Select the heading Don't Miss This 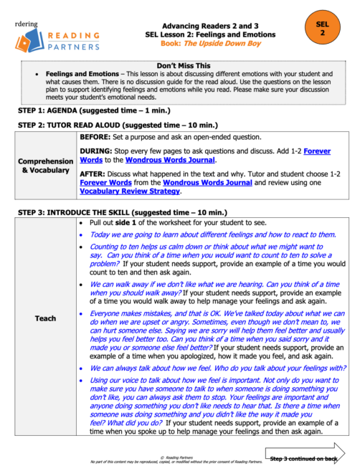[x=179, y=65]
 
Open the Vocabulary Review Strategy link [x=131, y=191]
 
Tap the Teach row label [x=45, y=317]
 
